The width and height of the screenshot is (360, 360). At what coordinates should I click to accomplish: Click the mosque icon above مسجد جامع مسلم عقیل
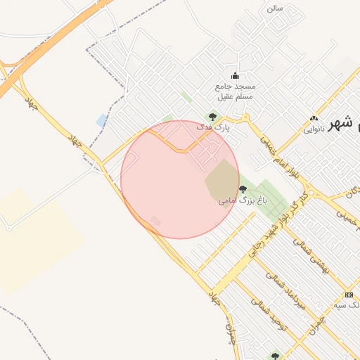[235, 76]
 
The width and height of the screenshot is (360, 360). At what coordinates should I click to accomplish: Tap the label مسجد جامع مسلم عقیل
[236, 91]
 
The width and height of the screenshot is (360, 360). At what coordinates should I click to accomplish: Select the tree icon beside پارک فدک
[212, 117]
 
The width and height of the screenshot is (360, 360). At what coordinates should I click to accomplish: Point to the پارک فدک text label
[212, 128]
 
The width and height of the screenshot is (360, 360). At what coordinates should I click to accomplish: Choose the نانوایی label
[314, 130]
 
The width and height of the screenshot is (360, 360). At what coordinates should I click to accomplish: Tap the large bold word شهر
[340, 122]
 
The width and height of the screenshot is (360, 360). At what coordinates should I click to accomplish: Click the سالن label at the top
[274, 8]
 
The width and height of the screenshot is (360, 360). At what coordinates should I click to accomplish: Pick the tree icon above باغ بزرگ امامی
[243, 188]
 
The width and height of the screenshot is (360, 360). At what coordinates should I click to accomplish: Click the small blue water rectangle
[103, 120]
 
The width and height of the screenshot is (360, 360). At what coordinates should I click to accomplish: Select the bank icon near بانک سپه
[349, 295]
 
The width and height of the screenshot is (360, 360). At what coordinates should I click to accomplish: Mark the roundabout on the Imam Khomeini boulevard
[310, 192]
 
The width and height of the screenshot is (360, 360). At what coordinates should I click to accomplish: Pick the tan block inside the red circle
[222, 179]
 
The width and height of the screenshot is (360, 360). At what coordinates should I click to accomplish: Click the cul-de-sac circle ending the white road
[8, 227]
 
